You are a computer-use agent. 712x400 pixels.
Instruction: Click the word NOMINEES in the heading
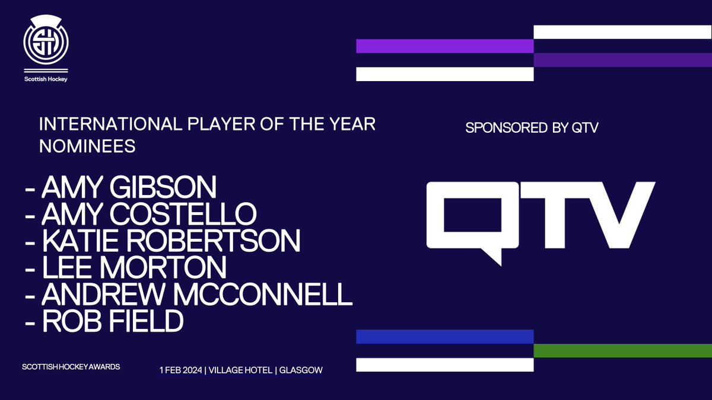click(87, 146)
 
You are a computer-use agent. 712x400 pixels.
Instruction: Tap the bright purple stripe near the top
click(444, 46)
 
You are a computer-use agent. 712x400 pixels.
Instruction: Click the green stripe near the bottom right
click(622, 351)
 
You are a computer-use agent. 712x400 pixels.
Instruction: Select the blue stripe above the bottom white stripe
click(444, 337)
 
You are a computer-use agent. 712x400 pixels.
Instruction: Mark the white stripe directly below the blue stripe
click(444, 364)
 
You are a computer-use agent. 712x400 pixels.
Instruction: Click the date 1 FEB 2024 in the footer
click(183, 370)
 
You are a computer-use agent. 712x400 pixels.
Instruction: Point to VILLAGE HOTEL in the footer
click(240, 370)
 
